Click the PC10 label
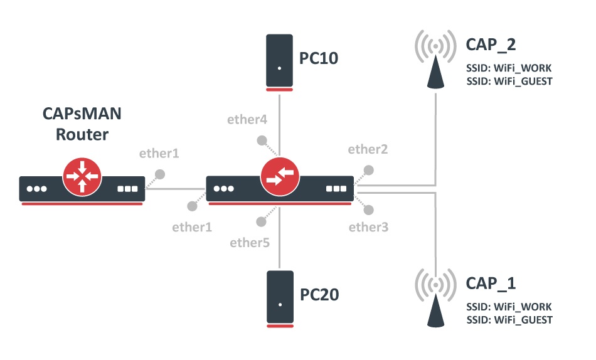coord(318,59)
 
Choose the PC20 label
coord(319,294)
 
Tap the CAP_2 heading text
coord(491,45)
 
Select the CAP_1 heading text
coord(491,283)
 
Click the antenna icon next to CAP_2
coord(435,60)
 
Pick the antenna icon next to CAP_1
coord(435,300)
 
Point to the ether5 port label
coord(250,242)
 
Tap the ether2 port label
coord(368,149)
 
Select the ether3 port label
coord(368,227)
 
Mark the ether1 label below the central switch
coord(191,227)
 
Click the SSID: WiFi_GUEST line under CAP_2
coord(509,81)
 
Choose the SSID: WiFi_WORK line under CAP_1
coord(509,307)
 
